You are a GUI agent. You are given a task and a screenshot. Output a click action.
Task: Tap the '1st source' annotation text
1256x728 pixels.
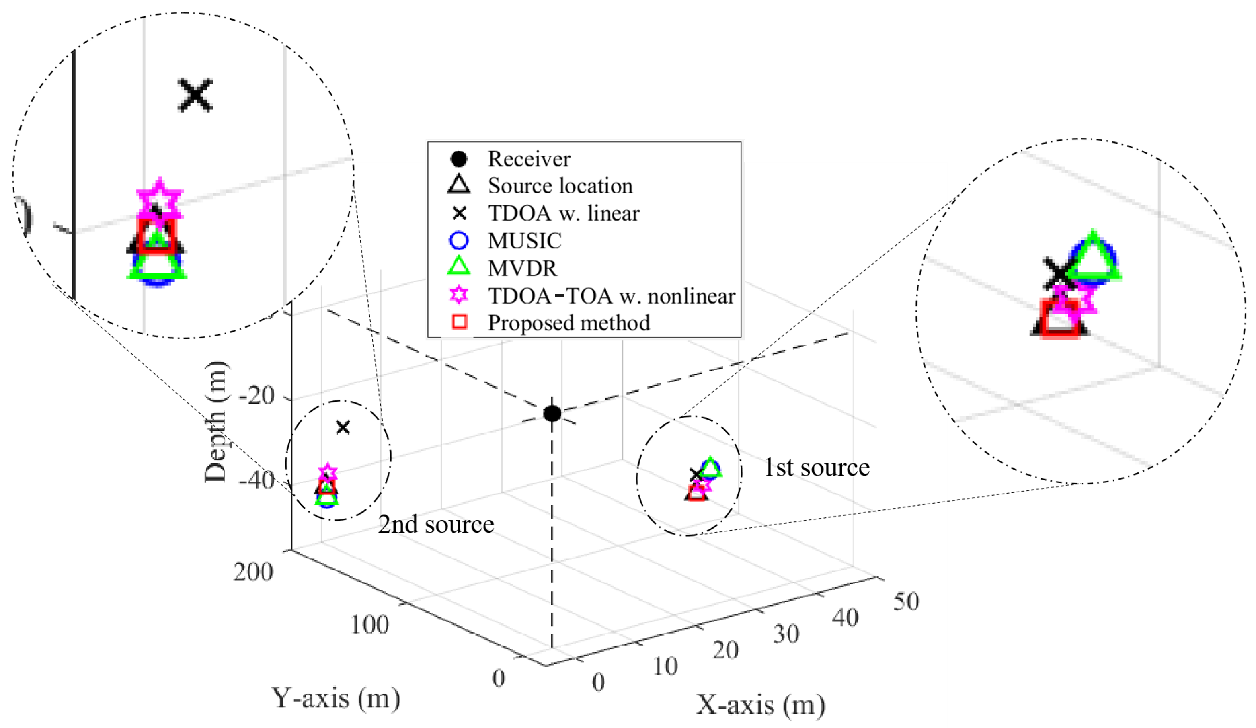pyautogui.click(x=817, y=468)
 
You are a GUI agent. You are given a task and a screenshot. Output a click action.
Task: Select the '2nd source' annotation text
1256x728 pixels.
pyautogui.click(x=435, y=525)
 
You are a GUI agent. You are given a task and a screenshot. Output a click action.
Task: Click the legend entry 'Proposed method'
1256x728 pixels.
pyautogui.click(x=568, y=323)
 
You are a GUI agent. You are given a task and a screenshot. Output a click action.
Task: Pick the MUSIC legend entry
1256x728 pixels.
pyautogui.click(x=524, y=241)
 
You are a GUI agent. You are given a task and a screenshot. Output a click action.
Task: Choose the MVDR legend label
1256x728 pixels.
pyautogui.click(x=522, y=268)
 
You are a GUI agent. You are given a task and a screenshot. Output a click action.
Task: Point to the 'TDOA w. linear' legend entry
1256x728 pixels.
pyautogui.click(x=563, y=213)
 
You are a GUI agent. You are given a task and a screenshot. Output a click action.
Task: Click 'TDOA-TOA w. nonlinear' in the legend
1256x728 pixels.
pyautogui.click(x=611, y=296)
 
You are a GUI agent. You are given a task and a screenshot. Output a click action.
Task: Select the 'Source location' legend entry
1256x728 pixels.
pyautogui.click(x=560, y=186)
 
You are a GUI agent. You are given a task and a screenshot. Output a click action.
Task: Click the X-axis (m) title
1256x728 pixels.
pyautogui.click(x=760, y=705)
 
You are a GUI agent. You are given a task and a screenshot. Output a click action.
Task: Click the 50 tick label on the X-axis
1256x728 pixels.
pyautogui.click(x=906, y=601)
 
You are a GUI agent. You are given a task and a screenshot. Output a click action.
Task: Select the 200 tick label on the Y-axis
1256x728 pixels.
pyautogui.click(x=253, y=572)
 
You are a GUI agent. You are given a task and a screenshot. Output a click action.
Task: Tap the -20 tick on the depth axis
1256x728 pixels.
pyautogui.click(x=257, y=396)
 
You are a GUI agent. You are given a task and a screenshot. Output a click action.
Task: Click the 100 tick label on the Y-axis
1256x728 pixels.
pyautogui.click(x=369, y=624)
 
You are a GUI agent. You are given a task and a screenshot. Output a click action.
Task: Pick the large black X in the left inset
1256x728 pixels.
pyautogui.click(x=195, y=95)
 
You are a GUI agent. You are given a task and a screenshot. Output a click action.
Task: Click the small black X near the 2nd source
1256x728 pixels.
pyautogui.click(x=343, y=427)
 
